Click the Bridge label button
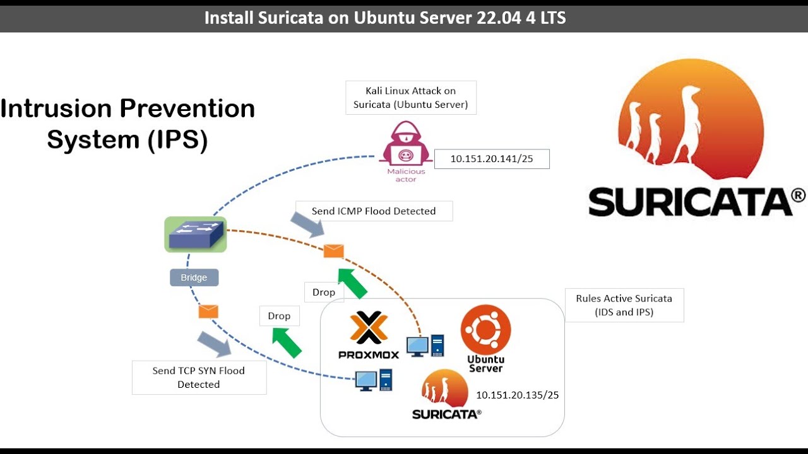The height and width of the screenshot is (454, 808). coord(194,277)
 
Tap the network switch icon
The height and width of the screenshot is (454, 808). coord(196,234)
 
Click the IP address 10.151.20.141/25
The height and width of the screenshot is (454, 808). coord(492,159)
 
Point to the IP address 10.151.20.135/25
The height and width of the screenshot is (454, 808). coord(517,395)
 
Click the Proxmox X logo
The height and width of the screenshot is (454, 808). coord(369,327)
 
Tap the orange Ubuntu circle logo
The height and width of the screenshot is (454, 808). coord(485,329)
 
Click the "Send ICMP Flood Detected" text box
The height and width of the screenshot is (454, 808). coord(374,211)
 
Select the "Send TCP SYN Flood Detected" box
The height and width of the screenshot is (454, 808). coord(199,378)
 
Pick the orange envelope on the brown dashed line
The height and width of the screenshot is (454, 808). coord(334,251)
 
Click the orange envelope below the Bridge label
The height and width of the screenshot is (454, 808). coord(208,311)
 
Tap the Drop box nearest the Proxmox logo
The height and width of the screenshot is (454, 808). coord(324,292)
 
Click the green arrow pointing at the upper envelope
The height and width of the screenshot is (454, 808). coord(352,284)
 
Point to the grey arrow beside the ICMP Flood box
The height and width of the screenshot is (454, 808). coord(307,224)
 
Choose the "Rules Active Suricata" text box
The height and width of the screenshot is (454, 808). coord(624,305)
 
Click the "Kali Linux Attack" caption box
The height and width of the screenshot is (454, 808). coord(411,98)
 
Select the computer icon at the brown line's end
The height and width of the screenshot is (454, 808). coord(425,346)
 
